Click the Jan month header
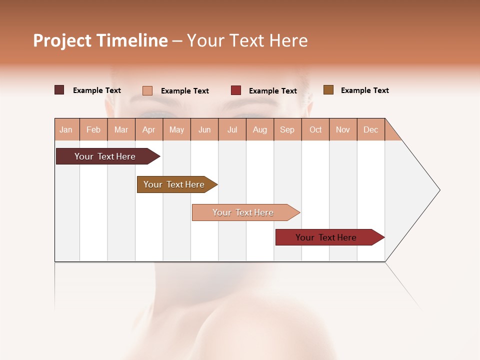click(x=66, y=129)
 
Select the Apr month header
click(x=149, y=129)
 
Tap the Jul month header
click(x=232, y=129)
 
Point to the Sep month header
click(x=287, y=129)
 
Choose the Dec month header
click(x=370, y=129)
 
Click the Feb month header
click(x=93, y=129)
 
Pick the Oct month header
click(x=315, y=129)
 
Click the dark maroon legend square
click(x=59, y=90)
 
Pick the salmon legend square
click(x=147, y=90)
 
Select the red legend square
click(x=236, y=90)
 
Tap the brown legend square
click(x=328, y=90)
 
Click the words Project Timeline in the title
click(x=100, y=40)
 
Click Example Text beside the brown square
click(x=364, y=90)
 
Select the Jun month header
click(x=204, y=129)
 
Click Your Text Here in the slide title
click(x=247, y=40)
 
